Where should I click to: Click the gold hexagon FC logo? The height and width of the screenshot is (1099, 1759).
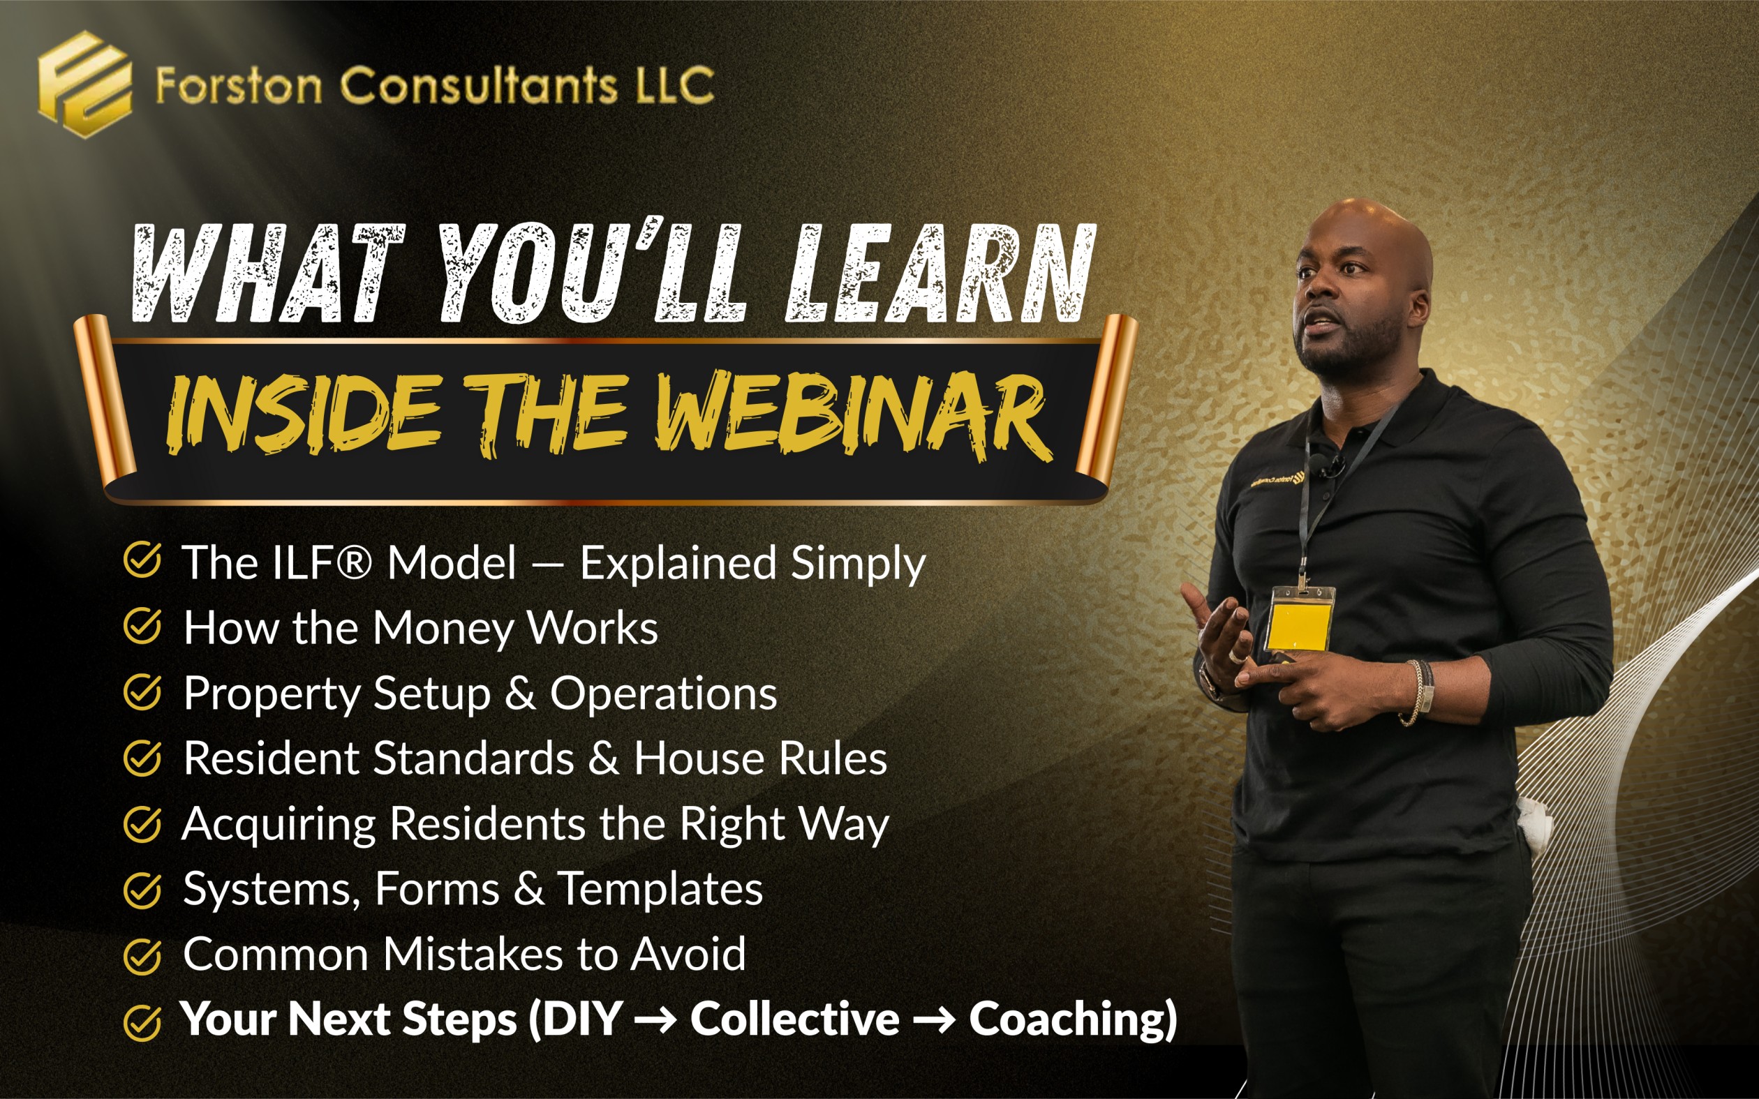(x=85, y=84)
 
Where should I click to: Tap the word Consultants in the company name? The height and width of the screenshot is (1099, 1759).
(x=479, y=85)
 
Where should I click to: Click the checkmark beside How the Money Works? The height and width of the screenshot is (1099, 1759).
(x=142, y=626)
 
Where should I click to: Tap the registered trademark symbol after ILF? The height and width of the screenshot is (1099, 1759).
(x=353, y=562)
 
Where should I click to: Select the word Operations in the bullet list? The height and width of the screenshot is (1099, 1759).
(x=664, y=693)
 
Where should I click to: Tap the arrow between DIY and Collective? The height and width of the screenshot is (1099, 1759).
(x=655, y=1019)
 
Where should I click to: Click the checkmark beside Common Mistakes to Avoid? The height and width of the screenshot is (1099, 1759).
(x=142, y=956)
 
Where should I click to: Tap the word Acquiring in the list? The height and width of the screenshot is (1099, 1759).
(x=279, y=825)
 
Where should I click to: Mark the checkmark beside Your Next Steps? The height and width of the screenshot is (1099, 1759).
(x=142, y=1023)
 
